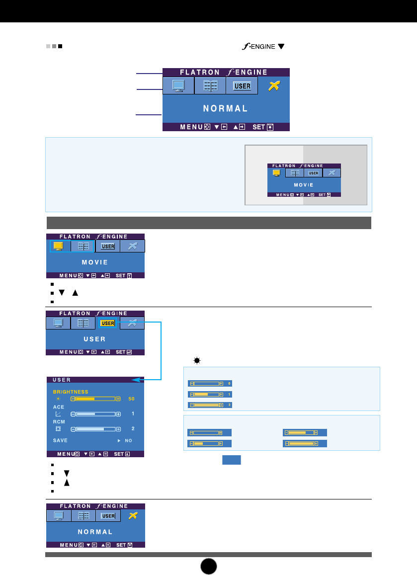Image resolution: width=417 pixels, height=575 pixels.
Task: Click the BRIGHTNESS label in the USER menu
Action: pos(71,392)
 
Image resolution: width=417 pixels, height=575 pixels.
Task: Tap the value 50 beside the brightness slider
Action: pos(132,399)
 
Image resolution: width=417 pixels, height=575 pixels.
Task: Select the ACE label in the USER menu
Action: pos(59,407)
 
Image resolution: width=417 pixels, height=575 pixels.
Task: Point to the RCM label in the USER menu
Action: pos(59,421)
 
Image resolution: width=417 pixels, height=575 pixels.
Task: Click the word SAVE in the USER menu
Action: pos(60,440)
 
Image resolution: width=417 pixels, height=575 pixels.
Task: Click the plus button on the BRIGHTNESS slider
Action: pos(118,399)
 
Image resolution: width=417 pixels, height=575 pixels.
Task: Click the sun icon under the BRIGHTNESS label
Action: pos(58,399)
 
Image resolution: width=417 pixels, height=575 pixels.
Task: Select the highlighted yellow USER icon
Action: pos(107,323)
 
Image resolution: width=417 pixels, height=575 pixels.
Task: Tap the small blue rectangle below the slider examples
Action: pos(231,460)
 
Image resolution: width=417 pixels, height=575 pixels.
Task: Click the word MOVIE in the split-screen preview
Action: pos(303,185)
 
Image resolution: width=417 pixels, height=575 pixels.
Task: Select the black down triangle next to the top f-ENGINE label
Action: pos(281,47)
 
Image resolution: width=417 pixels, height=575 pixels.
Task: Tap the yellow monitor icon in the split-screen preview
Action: pos(276,173)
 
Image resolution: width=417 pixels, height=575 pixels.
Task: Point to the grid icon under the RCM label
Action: pos(58,428)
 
